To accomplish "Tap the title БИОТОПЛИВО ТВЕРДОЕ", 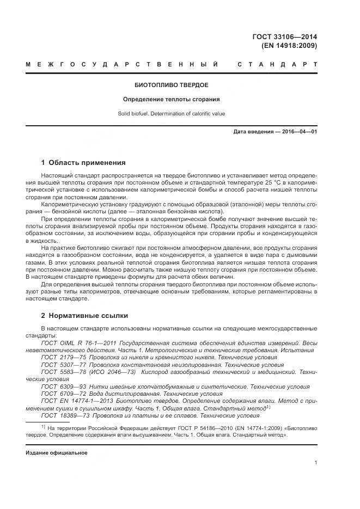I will (x=172, y=85).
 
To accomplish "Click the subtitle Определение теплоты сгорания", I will (x=172, y=100).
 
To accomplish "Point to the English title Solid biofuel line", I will (x=172, y=114).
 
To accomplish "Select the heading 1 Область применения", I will (x=83, y=162).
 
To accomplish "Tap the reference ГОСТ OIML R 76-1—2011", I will (x=74, y=343).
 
